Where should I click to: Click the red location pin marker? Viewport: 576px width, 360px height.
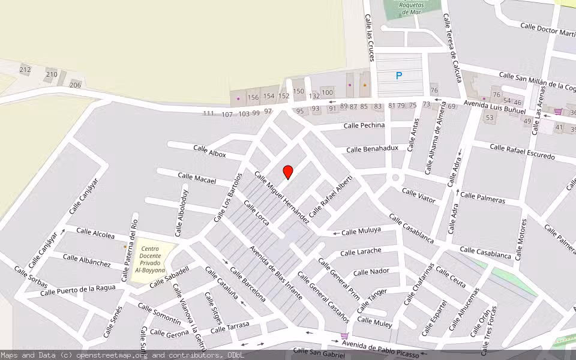[x=288, y=172]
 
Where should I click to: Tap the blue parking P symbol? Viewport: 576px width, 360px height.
[x=398, y=76]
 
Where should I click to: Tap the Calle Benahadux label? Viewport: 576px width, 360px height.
[x=372, y=148]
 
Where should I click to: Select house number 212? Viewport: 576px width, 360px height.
[x=25, y=70]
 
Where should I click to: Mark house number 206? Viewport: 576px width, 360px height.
[x=75, y=85]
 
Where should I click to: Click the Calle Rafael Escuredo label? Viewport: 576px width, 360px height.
[x=522, y=152]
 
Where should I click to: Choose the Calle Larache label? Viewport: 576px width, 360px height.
[x=361, y=251]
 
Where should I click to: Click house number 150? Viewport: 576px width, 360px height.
[x=298, y=91]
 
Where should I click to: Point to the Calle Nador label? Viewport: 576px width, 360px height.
[x=371, y=272]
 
